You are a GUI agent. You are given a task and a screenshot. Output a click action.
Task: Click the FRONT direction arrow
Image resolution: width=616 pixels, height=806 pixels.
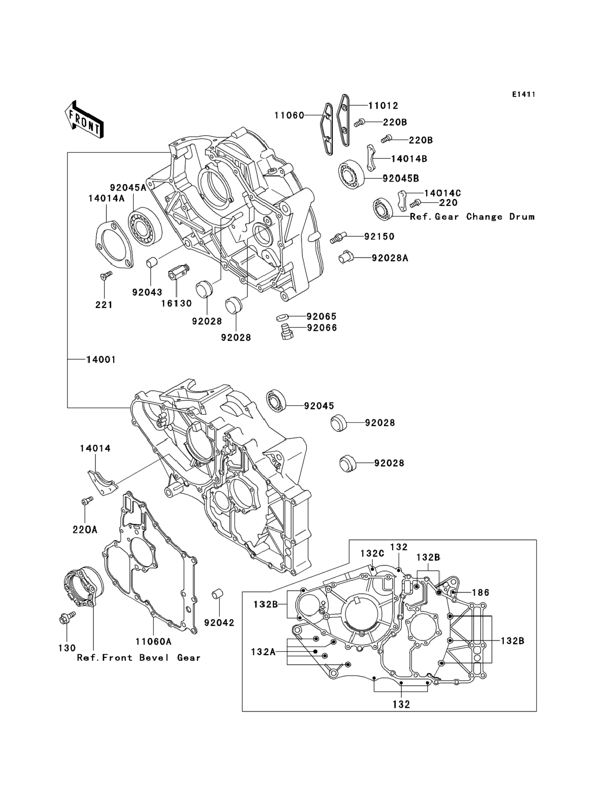click(x=84, y=119)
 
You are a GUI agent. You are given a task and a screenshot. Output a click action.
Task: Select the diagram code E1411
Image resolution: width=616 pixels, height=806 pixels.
click(x=523, y=95)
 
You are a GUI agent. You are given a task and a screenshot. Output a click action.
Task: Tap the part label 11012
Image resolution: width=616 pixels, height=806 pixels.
click(x=383, y=105)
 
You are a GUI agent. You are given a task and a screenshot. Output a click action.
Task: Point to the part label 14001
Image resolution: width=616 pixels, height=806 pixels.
click(x=101, y=360)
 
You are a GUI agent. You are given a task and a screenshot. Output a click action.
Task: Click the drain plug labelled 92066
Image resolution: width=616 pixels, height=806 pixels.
click(x=287, y=331)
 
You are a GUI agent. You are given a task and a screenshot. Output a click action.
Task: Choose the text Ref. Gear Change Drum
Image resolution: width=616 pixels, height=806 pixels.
click(x=472, y=217)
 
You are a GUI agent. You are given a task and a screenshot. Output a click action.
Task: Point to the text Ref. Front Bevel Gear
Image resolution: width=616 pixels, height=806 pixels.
click(x=139, y=658)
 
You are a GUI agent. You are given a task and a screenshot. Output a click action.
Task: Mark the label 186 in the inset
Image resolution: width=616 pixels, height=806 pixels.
click(x=480, y=592)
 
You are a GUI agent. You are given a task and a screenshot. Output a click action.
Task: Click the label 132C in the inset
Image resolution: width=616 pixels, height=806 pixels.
click(x=372, y=563)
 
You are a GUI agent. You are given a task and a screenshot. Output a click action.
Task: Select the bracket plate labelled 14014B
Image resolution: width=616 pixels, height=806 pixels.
click(x=372, y=158)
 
